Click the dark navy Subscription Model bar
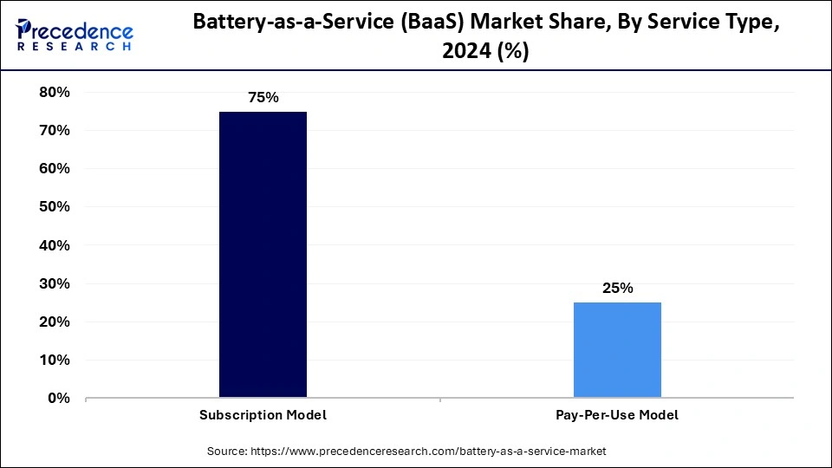(263, 255)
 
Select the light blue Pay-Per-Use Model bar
(617, 350)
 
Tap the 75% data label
(263, 98)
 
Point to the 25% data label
(617, 289)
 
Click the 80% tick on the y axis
(55, 92)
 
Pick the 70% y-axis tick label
(55, 130)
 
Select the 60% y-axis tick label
(55, 168)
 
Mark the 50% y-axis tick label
(55, 206)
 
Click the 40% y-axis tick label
(55, 245)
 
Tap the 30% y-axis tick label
(55, 283)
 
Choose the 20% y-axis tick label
(55, 322)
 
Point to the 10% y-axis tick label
(55, 360)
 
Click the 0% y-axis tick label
(59, 398)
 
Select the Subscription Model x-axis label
(263, 415)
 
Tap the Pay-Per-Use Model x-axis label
(617, 415)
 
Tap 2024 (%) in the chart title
(485, 52)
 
